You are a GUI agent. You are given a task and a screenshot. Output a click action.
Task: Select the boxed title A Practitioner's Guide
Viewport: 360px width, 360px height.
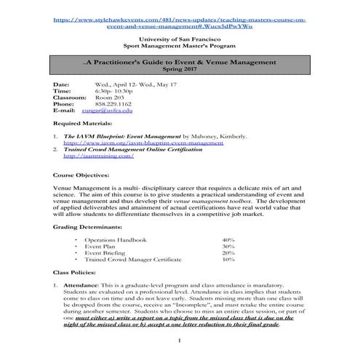(x=179, y=65)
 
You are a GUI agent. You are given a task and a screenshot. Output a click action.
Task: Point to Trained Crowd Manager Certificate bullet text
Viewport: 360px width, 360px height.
(x=129, y=259)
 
